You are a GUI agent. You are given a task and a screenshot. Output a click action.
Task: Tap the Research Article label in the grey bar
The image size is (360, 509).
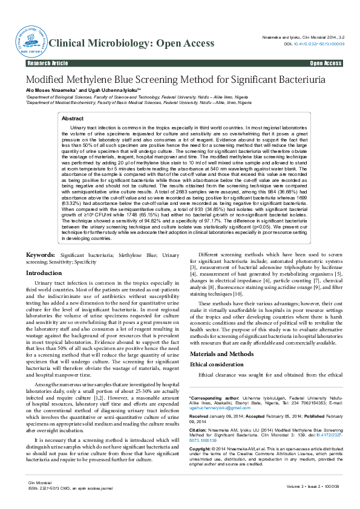(x=48, y=63)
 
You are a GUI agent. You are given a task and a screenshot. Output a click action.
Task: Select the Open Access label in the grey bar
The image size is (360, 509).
(x=326, y=63)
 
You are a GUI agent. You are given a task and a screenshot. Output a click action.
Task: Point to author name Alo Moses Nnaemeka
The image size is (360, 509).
(x=51, y=90)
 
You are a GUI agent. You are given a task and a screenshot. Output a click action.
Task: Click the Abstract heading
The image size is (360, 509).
(x=73, y=119)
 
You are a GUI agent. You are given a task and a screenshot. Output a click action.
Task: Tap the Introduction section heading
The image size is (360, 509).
(x=44, y=273)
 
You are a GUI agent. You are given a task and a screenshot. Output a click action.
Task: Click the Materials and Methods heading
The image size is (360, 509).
(x=222, y=353)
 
